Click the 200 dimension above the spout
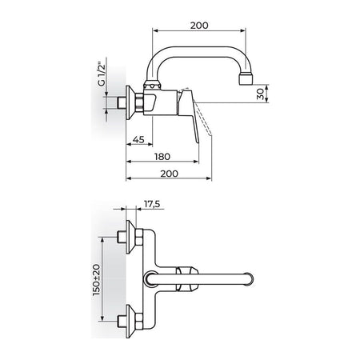(199, 26)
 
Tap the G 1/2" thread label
(102, 74)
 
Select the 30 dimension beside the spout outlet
(260, 94)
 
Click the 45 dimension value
(138, 139)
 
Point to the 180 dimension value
(162, 157)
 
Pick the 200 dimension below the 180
(170, 174)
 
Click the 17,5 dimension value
(152, 204)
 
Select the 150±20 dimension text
(97, 279)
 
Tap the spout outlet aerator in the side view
(246, 79)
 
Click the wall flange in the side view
(130, 102)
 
